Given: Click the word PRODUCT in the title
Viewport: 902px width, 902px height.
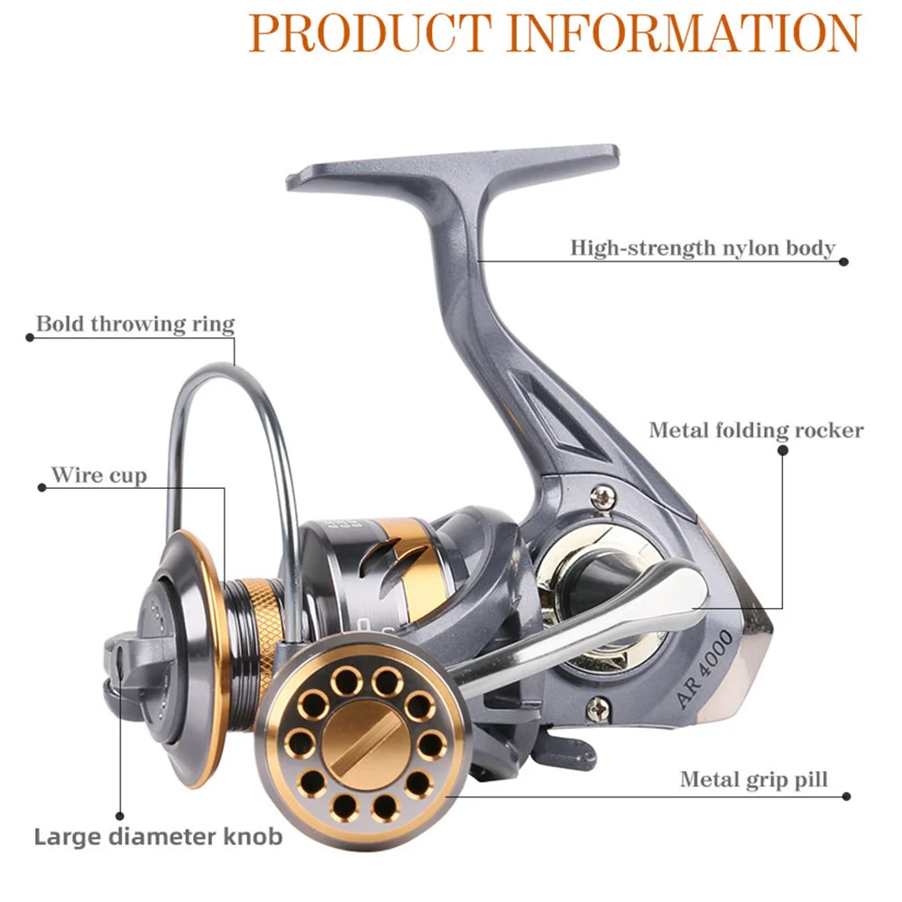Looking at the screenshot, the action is pos(370,32).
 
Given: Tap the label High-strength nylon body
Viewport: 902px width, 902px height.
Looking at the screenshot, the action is pos(703,247).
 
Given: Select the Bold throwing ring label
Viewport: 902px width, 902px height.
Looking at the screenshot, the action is pos(135,324).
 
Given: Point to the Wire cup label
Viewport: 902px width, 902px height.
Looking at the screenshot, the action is pos(98,474).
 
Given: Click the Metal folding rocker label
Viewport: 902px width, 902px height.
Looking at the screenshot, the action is pos(756,429).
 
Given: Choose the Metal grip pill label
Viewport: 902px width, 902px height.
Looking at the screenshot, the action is pos(753,778).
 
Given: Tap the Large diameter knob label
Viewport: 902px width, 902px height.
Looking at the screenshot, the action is pos(158,836).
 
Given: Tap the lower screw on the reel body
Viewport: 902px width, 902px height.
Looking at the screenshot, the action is pos(595,709).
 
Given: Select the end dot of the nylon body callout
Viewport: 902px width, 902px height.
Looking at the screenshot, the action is pos(844,262).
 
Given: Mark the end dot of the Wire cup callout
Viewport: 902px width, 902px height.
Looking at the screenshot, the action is pos(41,487).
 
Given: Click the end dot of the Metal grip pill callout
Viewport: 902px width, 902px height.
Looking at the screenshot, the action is pos(846,796).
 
